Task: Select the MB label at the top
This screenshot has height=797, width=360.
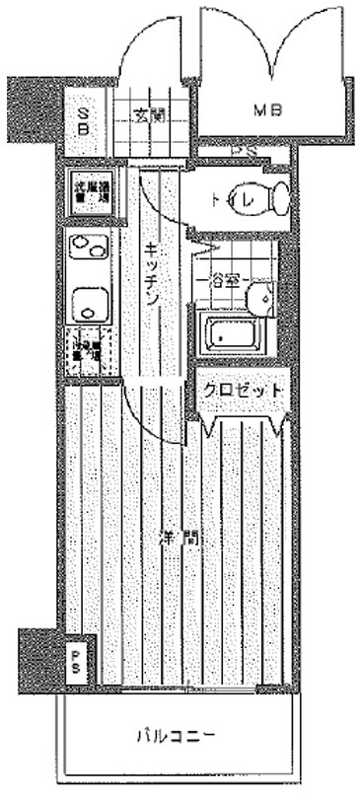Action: pos(268,111)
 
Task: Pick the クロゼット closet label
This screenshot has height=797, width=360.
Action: pos(244,391)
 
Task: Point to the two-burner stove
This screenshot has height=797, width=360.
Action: pos(89,247)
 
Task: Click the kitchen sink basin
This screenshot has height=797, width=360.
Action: pos(90,305)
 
